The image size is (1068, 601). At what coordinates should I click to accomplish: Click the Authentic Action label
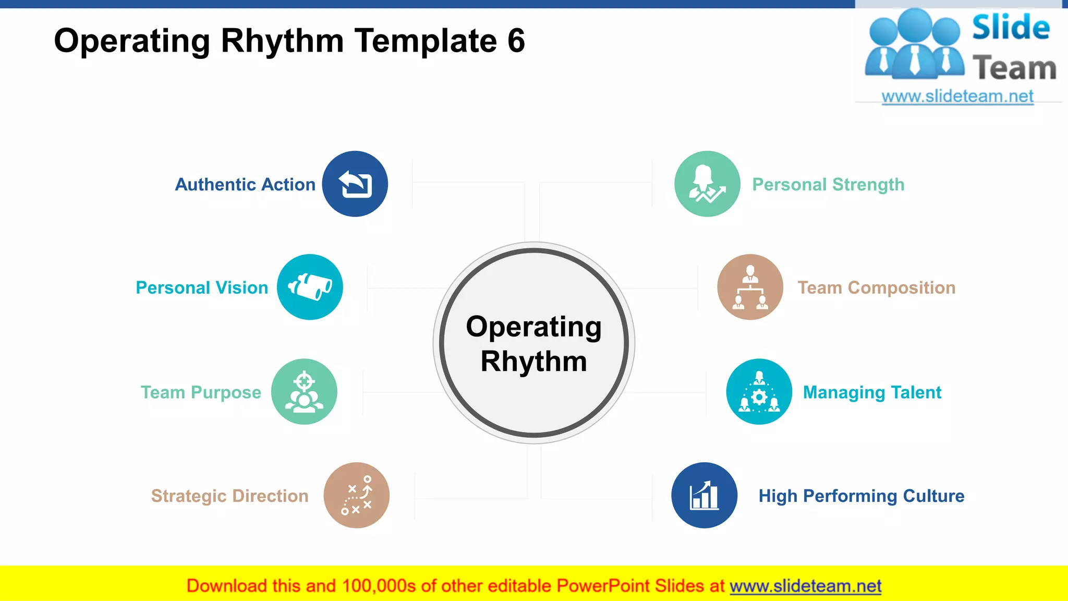pyautogui.click(x=245, y=185)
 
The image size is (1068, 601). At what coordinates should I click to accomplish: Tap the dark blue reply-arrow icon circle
pyautogui.click(x=355, y=184)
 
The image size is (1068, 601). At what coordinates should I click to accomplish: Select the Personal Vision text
pyautogui.click(x=202, y=288)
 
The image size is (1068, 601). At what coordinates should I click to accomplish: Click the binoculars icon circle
pyautogui.click(x=310, y=287)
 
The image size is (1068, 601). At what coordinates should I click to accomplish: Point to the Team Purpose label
pyautogui.click(x=201, y=392)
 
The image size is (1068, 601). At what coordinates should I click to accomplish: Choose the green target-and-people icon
pyautogui.click(x=304, y=392)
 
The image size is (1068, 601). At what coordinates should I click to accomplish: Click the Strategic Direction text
pyautogui.click(x=229, y=496)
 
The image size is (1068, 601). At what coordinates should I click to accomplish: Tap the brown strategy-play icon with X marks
pyautogui.click(x=357, y=495)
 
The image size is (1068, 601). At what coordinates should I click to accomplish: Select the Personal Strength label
pyautogui.click(x=828, y=185)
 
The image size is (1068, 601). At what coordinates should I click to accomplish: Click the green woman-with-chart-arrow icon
pyautogui.click(x=707, y=184)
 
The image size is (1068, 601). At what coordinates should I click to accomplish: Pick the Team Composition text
pyautogui.click(x=876, y=288)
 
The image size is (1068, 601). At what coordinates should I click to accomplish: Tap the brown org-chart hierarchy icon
pyautogui.click(x=750, y=287)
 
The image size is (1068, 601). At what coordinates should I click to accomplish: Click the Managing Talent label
pyautogui.click(x=872, y=392)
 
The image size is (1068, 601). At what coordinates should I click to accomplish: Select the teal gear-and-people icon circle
pyautogui.click(x=759, y=392)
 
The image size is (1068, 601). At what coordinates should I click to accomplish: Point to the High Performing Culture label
pyautogui.click(x=861, y=496)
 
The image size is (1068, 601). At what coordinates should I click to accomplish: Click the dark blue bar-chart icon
pyautogui.click(x=705, y=495)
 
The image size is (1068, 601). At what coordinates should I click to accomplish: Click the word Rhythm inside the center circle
pyautogui.click(x=533, y=362)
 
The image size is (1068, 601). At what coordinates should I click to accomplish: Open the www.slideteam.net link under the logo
pyautogui.click(x=957, y=97)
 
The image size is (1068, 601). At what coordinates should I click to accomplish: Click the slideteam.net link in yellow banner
pyautogui.click(x=805, y=586)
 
